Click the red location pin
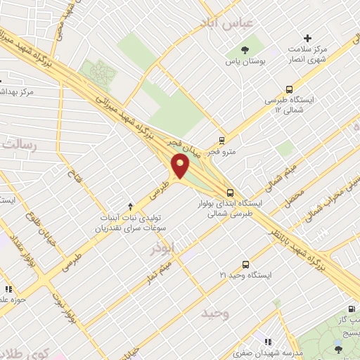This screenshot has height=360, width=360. coord(181,167)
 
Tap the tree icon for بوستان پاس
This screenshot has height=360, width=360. coord(245,49)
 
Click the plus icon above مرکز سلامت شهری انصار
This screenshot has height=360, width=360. coord(307,38)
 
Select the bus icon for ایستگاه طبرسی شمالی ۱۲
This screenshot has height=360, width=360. coord(289,89)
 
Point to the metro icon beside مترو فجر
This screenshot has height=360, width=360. coord(222,140)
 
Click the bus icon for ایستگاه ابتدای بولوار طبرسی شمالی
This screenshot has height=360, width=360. coord(231,192)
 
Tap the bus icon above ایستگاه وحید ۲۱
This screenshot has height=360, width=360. coord(245,264)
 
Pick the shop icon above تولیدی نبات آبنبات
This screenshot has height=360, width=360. coord(129,206)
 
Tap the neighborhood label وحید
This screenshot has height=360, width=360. coord(215,313)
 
